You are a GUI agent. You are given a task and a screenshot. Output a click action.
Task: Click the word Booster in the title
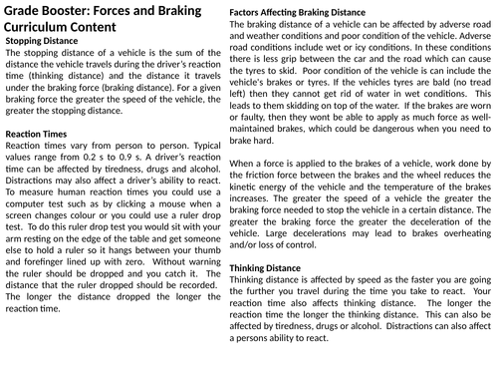77,11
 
